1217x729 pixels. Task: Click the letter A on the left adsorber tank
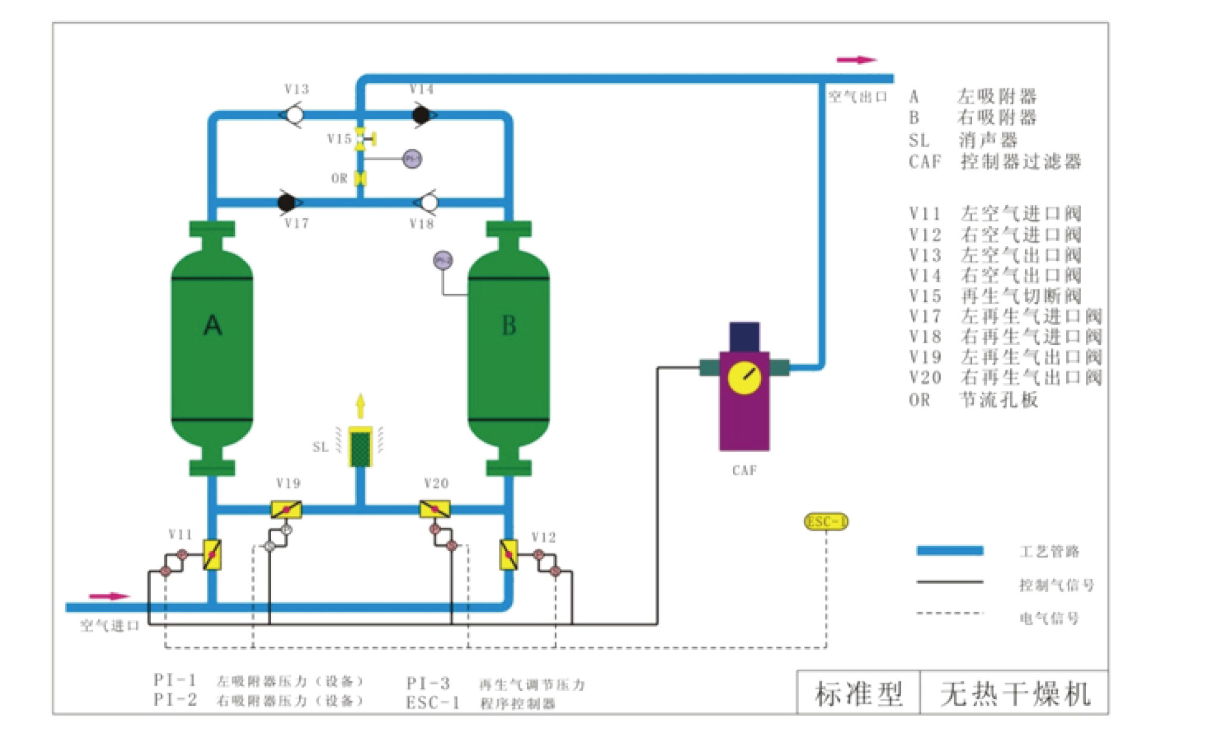(x=212, y=326)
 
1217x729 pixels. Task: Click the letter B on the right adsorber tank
(x=508, y=326)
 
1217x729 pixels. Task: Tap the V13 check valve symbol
(x=293, y=114)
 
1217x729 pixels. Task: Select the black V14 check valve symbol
(x=422, y=114)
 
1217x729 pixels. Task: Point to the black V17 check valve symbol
(x=287, y=202)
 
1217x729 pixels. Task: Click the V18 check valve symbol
(x=428, y=202)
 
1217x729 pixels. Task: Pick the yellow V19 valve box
(x=286, y=510)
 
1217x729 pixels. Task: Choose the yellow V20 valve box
(x=435, y=510)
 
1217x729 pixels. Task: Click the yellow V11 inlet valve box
(x=212, y=554)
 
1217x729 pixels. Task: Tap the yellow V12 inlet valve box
(x=508, y=554)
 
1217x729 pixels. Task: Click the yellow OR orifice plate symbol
(x=360, y=178)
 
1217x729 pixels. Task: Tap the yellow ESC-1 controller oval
(x=826, y=522)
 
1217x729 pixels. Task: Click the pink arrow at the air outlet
(x=856, y=60)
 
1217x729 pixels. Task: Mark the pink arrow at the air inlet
(x=108, y=596)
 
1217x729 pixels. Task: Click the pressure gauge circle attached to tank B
(x=443, y=260)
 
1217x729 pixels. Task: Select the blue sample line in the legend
(x=949, y=551)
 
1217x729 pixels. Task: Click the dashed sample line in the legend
(x=949, y=613)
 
